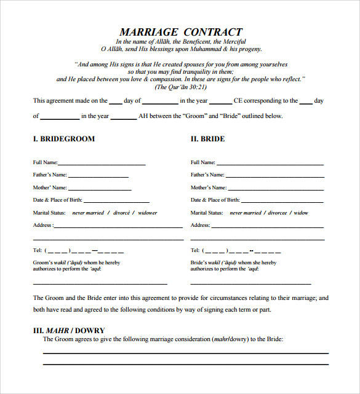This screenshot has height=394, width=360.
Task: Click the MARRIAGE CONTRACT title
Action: (180, 32)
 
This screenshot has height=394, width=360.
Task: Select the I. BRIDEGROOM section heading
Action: (64, 139)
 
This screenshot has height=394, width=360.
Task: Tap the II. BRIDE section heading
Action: (207, 139)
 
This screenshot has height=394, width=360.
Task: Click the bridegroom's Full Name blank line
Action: (102, 165)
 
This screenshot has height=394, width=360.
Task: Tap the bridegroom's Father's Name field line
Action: (98, 177)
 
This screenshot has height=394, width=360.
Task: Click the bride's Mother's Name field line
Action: (274, 189)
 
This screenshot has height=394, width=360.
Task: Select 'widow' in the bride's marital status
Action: (301, 213)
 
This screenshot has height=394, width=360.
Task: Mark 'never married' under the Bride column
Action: (246, 213)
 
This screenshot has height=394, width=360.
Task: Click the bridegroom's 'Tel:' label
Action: (37, 250)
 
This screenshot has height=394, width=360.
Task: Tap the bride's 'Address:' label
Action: (201, 225)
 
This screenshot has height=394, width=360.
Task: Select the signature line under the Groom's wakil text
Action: (100, 284)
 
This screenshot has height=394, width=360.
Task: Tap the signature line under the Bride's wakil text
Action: (250, 284)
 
